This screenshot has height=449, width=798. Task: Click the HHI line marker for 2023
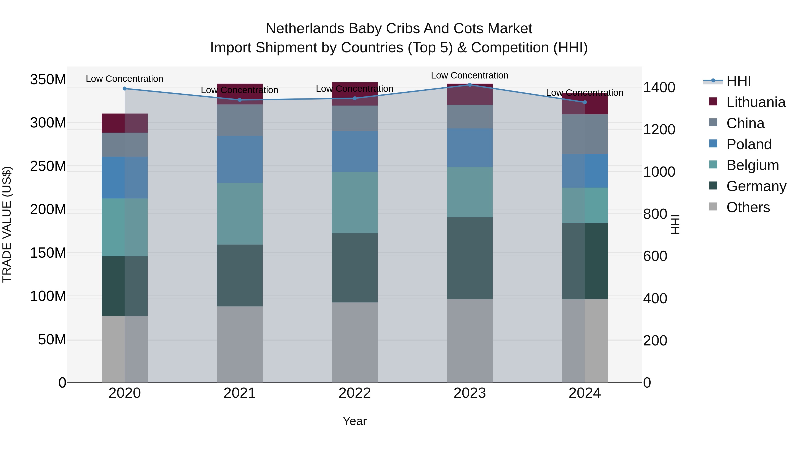(470, 85)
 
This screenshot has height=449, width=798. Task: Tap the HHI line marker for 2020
(125, 89)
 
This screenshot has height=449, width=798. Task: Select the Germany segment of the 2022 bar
(355, 268)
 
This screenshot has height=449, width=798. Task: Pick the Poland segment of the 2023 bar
(470, 148)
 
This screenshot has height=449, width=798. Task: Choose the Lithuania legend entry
(756, 102)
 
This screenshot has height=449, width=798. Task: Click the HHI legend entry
(739, 81)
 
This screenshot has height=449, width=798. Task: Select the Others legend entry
(748, 207)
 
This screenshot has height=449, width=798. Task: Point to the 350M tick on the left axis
(48, 80)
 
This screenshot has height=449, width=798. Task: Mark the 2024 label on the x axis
(585, 393)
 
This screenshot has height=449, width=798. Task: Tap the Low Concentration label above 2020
(125, 79)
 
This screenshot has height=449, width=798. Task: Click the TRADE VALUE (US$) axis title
(7, 224)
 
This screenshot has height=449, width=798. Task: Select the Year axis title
(354, 421)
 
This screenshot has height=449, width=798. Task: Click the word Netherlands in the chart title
(305, 29)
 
